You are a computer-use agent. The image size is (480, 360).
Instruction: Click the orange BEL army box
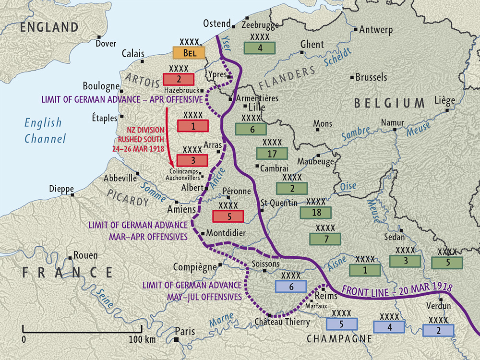(x=189, y=53)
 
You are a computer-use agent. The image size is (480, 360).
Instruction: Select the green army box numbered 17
(x=272, y=154)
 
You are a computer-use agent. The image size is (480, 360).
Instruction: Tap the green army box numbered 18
(x=315, y=212)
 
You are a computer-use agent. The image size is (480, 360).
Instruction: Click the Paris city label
(x=185, y=331)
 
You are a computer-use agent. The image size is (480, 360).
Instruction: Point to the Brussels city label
(x=372, y=77)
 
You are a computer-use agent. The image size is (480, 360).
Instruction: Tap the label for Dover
(x=106, y=44)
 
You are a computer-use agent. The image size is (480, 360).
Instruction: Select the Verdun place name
(x=438, y=306)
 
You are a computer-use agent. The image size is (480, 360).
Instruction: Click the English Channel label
(x=44, y=131)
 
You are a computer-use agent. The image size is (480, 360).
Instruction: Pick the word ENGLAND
(x=49, y=27)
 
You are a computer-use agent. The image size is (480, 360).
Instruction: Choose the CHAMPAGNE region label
(x=339, y=339)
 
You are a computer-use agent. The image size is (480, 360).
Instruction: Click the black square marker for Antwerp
(x=355, y=30)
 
